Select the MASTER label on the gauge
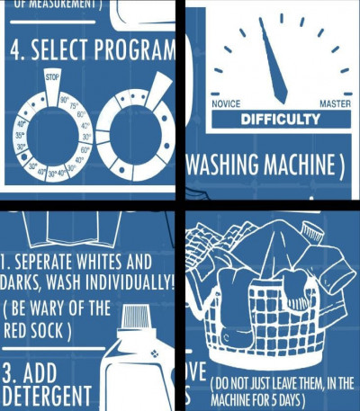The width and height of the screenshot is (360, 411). (335, 103)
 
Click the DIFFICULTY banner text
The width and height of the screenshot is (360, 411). (280, 119)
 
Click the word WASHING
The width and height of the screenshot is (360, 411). (227, 166)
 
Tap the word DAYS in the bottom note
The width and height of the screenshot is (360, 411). (297, 398)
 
